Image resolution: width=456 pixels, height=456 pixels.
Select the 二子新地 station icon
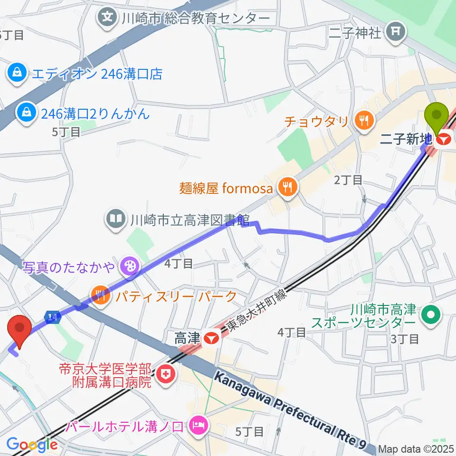pyautogui.click(x=444, y=139)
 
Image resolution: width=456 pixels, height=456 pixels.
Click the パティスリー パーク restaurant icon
pyautogui.click(x=100, y=297)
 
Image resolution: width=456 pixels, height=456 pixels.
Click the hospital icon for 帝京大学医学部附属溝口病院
pyautogui.click(x=165, y=374)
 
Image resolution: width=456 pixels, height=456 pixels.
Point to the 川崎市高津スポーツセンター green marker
pyautogui.click(x=431, y=315)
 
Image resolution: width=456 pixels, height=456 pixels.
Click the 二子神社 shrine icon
pyautogui.click(x=395, y=32)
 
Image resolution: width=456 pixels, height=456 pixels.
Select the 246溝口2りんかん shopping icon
pyautogui.click(x=24, y=113)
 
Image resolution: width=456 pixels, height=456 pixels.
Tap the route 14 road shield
pyautogui.click(x=52, y=315)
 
